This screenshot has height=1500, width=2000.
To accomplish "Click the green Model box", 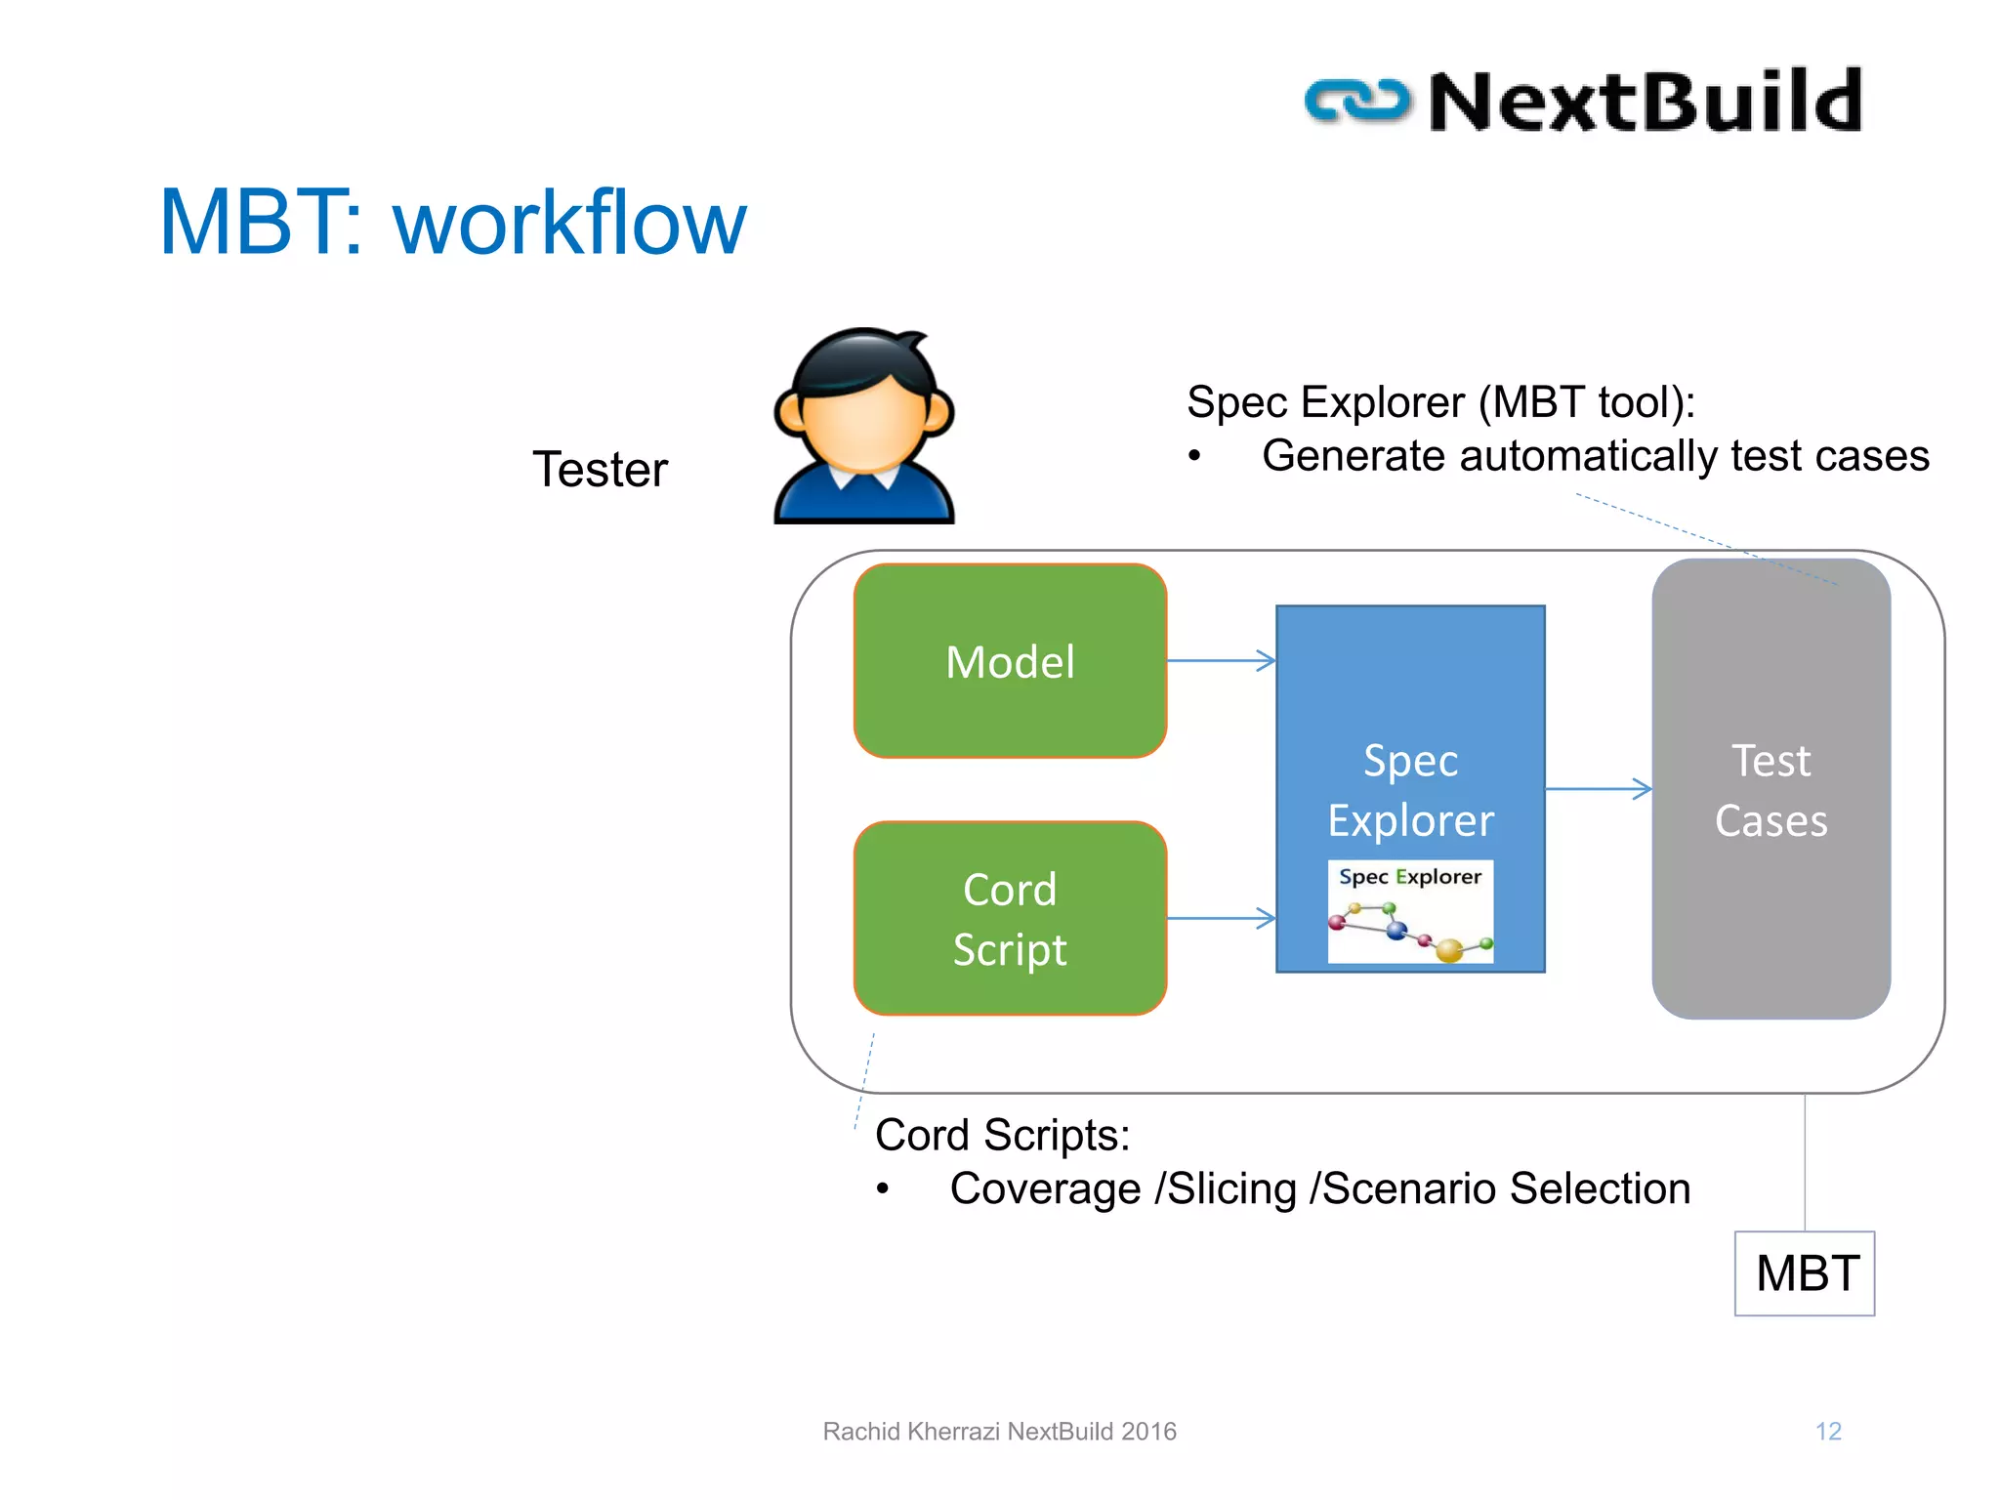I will (x=1010, y=661).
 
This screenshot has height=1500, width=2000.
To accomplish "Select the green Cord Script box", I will (x=1010, y=918).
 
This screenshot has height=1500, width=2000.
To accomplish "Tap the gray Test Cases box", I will (x=1771, y=789).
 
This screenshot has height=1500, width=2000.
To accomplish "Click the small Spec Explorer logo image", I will (x=1410, y=912).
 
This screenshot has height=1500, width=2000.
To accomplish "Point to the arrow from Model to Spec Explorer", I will (x=1221, y=661).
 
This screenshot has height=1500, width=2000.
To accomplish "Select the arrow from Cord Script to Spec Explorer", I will (x=1221, y=918).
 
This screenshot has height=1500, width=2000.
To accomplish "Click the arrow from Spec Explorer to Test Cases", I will (x=1598, y=789).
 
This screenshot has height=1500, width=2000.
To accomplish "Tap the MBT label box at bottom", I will (x=1805, y=1273).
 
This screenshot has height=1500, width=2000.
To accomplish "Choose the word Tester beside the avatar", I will (x=600, y=470).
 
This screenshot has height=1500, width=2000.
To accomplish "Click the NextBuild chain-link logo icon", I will (x=1357, y=102).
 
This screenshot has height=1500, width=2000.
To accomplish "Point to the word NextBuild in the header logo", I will (x=1646, y=102).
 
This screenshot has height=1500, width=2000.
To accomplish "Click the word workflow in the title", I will (x=569, y=224).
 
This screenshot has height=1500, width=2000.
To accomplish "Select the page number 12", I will (x=1828, y=1432).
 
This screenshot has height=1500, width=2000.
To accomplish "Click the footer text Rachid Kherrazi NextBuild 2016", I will (x=999, y=1432).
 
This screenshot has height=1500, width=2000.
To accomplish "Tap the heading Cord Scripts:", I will (x=1002, y=1136).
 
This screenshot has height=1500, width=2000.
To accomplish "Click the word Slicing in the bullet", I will (x=1232, y=1189).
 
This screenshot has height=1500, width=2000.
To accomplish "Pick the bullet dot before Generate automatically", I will (x=1194, y=456).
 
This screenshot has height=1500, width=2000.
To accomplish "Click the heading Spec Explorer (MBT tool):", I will (x=1440, y=402).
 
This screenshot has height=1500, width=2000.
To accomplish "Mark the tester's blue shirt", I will (x=863, y=498).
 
